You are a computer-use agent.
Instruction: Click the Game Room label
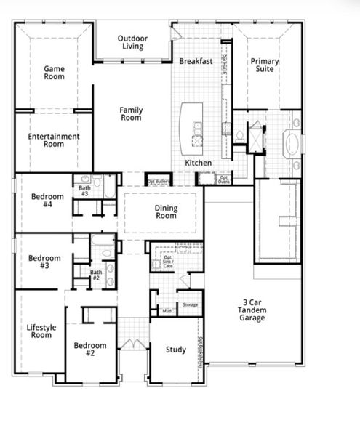pyautogui.click(x=55, y=74)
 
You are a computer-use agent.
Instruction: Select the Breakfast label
pyautogui.click(x=196, y=62)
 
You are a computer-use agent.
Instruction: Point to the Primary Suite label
pyautogui.click(x=265, y=66)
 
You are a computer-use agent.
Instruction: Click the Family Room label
pyautogui.click(x=131, y=114)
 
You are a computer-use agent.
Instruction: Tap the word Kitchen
pyautogui.click(x=198, y=163)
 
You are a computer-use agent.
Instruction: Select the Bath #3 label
pyautogui.click(x=84, y=191)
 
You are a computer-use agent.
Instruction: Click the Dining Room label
pyautogui.click(x=166, y=212)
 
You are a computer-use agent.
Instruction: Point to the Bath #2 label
pyautogui.click(x=95, y=275)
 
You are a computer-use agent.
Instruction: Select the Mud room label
pyautogui.click(x=167, y=310)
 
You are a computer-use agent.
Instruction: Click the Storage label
pyautogui.click(x=190, y=304)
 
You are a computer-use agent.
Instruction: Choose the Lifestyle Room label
pyautogui.click(x=40, y=331)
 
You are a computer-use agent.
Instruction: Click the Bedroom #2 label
pyautogui.click(x=91, y=350)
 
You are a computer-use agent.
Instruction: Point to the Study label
pyautogui.click(x=175, y=350)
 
